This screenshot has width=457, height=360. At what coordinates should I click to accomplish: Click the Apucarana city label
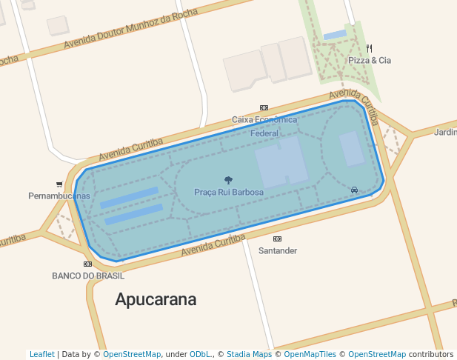[156, 300]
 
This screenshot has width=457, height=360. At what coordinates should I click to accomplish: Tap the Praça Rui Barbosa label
[229, 193]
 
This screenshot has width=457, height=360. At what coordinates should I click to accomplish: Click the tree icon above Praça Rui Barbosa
[228, 180]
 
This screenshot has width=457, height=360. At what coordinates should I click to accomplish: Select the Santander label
[278, 251]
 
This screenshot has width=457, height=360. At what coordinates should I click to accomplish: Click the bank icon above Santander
[278, 239]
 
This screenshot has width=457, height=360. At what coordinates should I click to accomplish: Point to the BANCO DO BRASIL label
[88, 276]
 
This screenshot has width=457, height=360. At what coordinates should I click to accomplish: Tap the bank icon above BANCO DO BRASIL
[87, 264]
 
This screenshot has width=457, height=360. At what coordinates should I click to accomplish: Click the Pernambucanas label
[59, 196]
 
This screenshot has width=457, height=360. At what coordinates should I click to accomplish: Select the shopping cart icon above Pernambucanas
[59, 184]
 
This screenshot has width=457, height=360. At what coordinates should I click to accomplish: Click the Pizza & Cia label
[370, 61]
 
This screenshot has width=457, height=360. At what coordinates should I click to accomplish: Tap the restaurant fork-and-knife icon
[369, 49]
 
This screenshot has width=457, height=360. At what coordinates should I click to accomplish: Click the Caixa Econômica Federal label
[264, 126]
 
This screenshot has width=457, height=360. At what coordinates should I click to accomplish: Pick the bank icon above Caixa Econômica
[264, 108]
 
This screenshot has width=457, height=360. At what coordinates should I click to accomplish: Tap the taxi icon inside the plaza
[354, 190]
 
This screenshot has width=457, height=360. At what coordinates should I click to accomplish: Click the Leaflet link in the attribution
[42, 355]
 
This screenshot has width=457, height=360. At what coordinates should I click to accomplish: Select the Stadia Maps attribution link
[249, 355]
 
